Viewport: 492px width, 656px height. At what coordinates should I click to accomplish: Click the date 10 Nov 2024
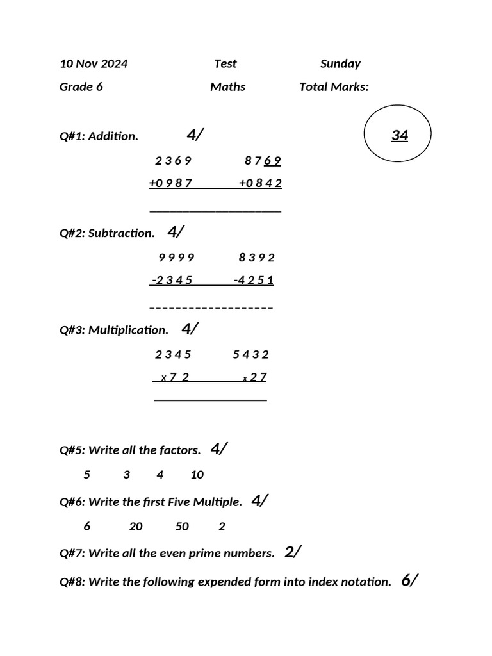94,63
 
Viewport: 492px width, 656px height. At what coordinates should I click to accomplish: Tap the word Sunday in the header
340,63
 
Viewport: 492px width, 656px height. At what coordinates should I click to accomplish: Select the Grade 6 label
81,86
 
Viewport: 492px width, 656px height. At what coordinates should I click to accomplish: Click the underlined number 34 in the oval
399,135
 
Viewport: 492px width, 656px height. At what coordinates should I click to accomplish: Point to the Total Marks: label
334,86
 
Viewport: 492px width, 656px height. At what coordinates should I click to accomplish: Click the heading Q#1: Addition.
99,136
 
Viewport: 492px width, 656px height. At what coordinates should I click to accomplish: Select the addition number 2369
173,160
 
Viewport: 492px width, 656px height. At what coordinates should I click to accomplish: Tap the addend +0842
260,183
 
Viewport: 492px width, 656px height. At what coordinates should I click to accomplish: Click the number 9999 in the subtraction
176,258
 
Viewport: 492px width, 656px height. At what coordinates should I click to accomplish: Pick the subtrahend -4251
254,280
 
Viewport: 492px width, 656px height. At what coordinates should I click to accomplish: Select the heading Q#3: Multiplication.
114,330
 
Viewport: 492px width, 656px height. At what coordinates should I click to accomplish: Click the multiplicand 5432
250,354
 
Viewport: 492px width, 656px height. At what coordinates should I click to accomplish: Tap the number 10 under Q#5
197,475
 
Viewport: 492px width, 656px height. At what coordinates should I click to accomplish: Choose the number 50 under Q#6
182,527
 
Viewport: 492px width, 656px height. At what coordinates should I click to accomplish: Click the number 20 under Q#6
136,527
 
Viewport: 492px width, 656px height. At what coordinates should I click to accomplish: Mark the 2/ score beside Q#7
293,552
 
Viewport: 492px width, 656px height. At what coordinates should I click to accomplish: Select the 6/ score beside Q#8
409,581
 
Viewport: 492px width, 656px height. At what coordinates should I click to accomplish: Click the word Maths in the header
227,86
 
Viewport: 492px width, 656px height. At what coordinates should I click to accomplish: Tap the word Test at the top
225,63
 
